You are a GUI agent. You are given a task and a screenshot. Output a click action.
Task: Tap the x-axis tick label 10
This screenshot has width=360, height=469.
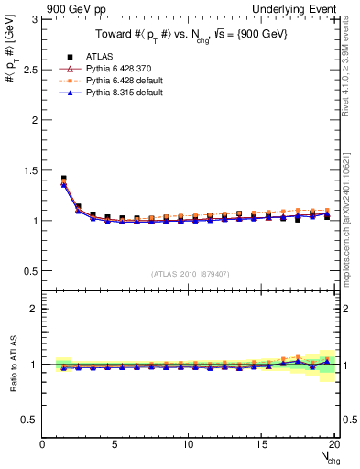pyautogui.click(x=188, y=444)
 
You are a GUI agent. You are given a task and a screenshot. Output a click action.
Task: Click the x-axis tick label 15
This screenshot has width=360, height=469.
pyautogui.click(x=261, y=444)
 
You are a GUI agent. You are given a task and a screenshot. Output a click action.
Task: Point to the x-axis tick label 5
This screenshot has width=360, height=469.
pyautogui.click(x=115, y=444)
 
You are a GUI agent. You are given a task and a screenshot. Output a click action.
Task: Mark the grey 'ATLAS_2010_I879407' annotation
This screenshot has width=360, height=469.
pyautogui.click(x=189, y=273)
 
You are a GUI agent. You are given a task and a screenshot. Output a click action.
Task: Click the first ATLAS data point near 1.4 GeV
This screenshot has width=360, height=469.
pyautogui.click(x=63, y=179)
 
